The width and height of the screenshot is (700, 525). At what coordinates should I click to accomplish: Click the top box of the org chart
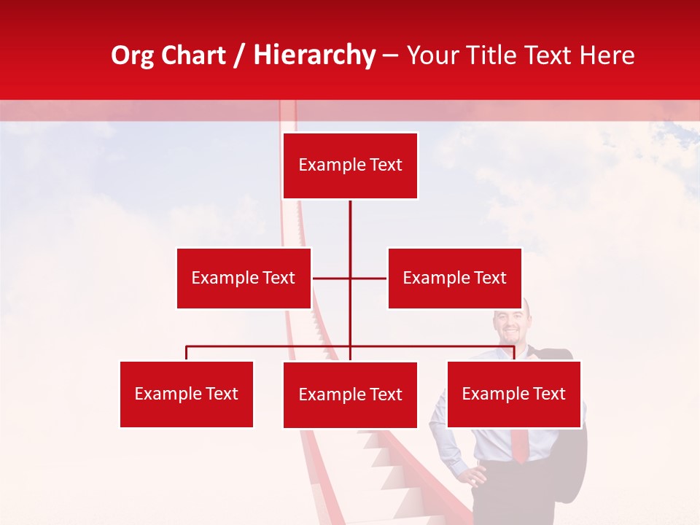(x=350, y=166)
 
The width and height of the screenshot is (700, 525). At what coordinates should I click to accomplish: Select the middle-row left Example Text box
(x=244, y=278)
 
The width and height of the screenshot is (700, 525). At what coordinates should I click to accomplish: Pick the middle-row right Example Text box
(x=454, y=278)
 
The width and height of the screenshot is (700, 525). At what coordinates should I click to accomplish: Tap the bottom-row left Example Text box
(x=187, y=394)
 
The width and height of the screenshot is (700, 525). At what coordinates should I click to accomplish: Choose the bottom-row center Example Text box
(x=350, y=394)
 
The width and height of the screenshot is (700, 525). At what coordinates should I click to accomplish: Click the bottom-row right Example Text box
(x=513, y=394)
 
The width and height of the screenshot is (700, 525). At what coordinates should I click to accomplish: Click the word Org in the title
(x=132, y=55)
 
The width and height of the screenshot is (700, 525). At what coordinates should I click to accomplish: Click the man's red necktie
(x=519, y=445)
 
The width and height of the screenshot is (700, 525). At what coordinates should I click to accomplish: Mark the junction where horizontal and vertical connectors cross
(x=350, y=278)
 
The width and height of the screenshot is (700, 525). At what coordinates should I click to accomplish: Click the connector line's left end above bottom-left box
(x=187, y=347)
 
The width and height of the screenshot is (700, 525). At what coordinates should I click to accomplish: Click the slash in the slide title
(x=240, y=55)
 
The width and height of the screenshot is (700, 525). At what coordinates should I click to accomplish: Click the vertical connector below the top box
(x=350, y=226)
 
